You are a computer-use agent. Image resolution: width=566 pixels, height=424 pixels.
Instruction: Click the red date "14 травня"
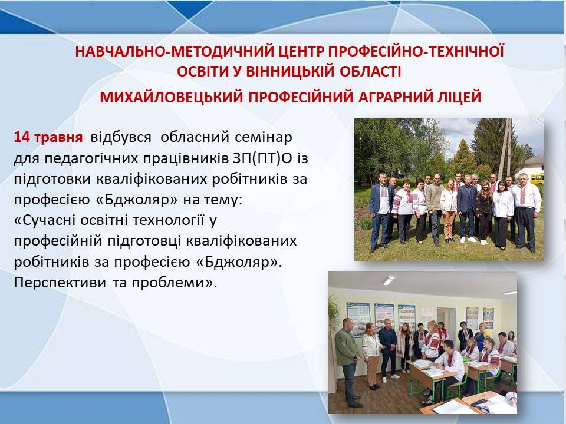click(48, 137)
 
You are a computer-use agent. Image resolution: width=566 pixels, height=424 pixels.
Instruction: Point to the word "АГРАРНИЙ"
click(395, 97)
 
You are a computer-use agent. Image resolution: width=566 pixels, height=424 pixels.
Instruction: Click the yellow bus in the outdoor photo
click(537, 179)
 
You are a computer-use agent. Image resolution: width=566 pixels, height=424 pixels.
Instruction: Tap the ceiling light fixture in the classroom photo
click(389, 280)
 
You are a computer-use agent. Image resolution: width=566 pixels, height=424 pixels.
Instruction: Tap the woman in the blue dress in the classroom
click(482, 336)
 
